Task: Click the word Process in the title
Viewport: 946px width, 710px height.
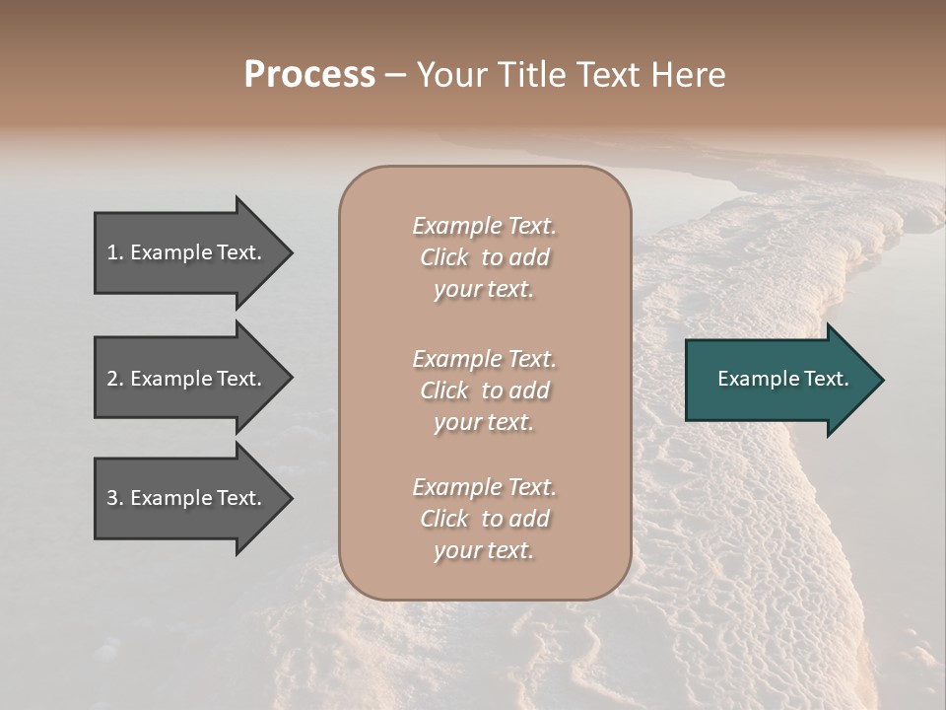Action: click(x=309, y=75)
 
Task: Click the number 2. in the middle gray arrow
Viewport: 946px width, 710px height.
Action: click(x=115, y=379)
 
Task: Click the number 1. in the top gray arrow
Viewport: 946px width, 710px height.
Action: click(x=114, y=252)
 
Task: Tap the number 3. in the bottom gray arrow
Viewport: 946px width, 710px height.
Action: click(x=115, y=499)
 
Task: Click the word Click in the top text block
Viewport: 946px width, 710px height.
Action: click(x=444, y=258)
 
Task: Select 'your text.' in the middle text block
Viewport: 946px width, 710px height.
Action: click(x=484, y=422)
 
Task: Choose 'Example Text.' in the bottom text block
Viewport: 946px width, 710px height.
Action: click(x=484, y=487)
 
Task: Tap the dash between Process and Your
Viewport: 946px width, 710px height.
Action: click(x=396, y=75)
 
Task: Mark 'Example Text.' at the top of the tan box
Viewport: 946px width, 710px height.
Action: click(x=484, y=226)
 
